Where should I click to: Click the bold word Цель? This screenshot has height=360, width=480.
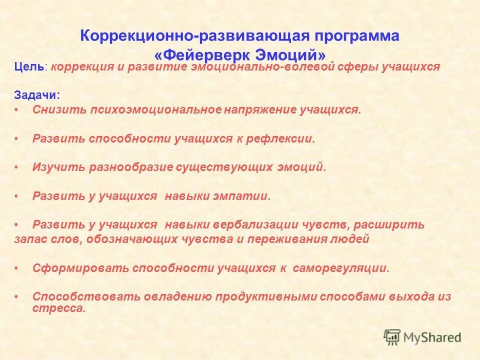click(29, 67)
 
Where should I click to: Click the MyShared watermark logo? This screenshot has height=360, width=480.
click(422, 337)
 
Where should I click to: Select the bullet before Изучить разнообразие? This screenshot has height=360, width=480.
click(16, 167)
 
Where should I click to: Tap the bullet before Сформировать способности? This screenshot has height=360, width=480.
click(16, 268)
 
